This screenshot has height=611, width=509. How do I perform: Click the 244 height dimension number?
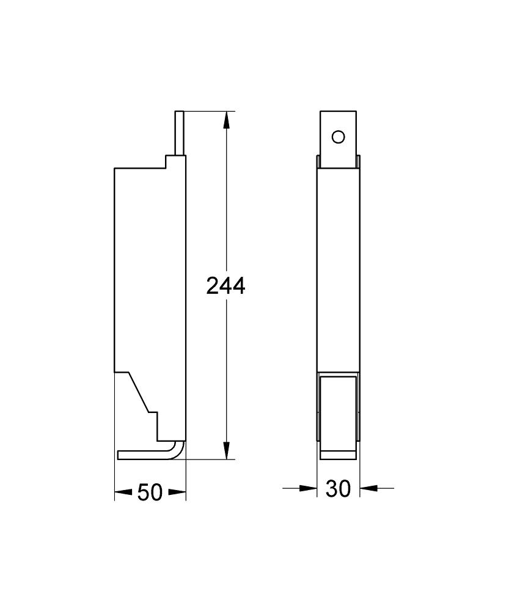(225, 285)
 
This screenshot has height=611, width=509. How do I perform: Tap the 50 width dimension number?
(150, 492)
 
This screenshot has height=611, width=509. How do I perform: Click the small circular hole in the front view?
(338, 137)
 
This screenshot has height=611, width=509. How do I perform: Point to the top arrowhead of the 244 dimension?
(225, 120)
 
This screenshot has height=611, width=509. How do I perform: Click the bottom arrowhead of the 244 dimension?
(225, 450)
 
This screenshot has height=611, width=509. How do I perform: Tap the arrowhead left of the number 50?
(123, 492)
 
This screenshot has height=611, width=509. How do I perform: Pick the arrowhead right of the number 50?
(177, 492)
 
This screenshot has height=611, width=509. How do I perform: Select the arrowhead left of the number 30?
(309, 488)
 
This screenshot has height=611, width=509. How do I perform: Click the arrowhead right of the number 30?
(368, 488)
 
